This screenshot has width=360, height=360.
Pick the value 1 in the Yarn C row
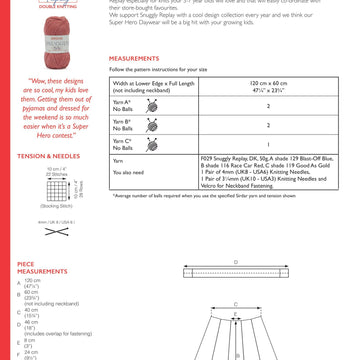[268, 144]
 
